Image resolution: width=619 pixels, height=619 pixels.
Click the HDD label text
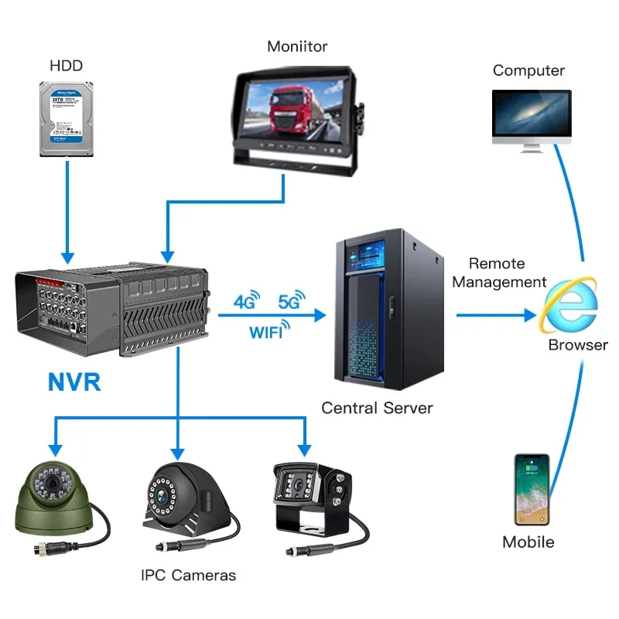tap(66, 66)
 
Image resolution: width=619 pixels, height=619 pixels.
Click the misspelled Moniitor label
tap(296, 46)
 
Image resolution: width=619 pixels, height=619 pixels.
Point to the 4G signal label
tap(245, 303)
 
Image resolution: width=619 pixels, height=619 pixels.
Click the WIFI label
tap(266, 333)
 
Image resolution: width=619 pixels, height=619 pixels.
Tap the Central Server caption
tap(377, 408)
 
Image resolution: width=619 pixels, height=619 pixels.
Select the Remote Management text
tap(498, 273)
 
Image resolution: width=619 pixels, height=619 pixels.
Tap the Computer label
tap(528, 70)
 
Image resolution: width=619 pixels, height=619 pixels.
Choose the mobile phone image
tap(532, 489)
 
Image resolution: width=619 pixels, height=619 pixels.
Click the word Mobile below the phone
tap(528, 542)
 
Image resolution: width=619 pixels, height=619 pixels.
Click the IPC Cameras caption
tap(188, 575)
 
